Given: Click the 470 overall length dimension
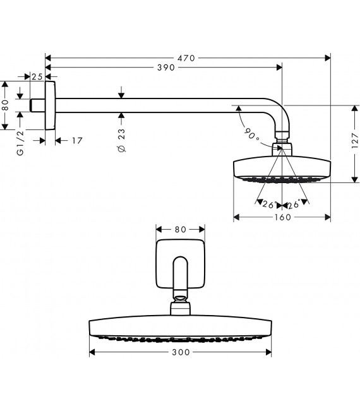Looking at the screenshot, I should [186, 58].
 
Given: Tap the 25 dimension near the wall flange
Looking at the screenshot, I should [36, 76].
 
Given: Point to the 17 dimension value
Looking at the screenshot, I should [76, 140].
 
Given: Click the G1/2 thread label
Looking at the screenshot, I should [20, 143].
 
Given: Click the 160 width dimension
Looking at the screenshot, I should [282, 217].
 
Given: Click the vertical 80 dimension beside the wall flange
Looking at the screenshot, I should [6, 105].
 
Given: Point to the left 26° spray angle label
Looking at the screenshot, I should [269, 204].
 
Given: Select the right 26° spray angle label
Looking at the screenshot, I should [294, 204].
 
